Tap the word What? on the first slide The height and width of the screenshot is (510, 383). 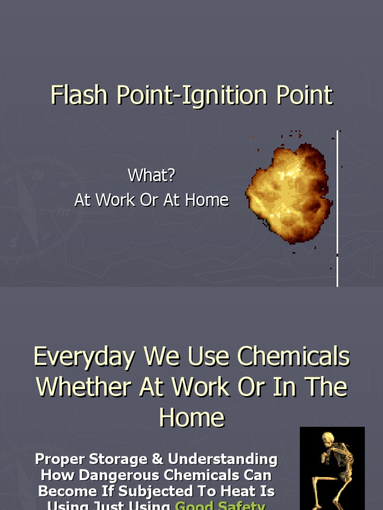(x=152, y=175)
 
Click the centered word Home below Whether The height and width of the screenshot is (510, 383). (x=191, y=417)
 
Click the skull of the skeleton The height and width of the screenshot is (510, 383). (x=328, y=439)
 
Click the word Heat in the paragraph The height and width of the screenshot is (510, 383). (x=237, y=491)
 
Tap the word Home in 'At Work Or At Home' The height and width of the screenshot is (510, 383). (x=206, y=200)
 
